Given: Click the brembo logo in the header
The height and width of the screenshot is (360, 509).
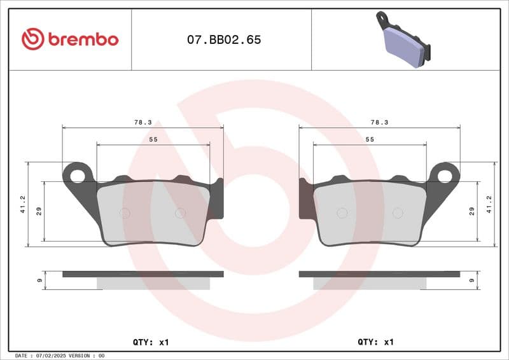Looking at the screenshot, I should (x=70, y=39).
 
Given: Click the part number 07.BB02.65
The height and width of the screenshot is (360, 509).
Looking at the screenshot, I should (x=223, y=39).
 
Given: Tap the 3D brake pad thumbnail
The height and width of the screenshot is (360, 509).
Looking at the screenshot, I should (x=403, y=39).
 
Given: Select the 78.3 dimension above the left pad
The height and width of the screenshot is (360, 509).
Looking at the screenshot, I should (x=143, y=121).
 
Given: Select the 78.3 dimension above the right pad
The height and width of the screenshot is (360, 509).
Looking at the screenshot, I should (x=379, y=121).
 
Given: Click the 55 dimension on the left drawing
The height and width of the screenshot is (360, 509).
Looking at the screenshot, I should (x=153, y=139).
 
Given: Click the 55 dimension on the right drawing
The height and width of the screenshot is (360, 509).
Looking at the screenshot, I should (x=370, y=139).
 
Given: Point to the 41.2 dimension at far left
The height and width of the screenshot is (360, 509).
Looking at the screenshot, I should (x=23, y=204).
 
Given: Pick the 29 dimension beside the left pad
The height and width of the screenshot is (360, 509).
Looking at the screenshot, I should (x=39, y=211).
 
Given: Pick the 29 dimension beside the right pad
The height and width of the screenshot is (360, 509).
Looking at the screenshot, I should (x=471, y=211).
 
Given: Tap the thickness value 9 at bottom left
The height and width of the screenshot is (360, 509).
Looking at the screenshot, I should (x=39, y=280).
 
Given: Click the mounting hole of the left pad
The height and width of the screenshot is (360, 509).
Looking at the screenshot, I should (x=79, y=173).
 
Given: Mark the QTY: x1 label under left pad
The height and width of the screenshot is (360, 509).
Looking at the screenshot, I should (x=151, y=342).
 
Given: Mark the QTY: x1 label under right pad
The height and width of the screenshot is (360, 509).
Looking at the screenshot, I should (x=376, y=342).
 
